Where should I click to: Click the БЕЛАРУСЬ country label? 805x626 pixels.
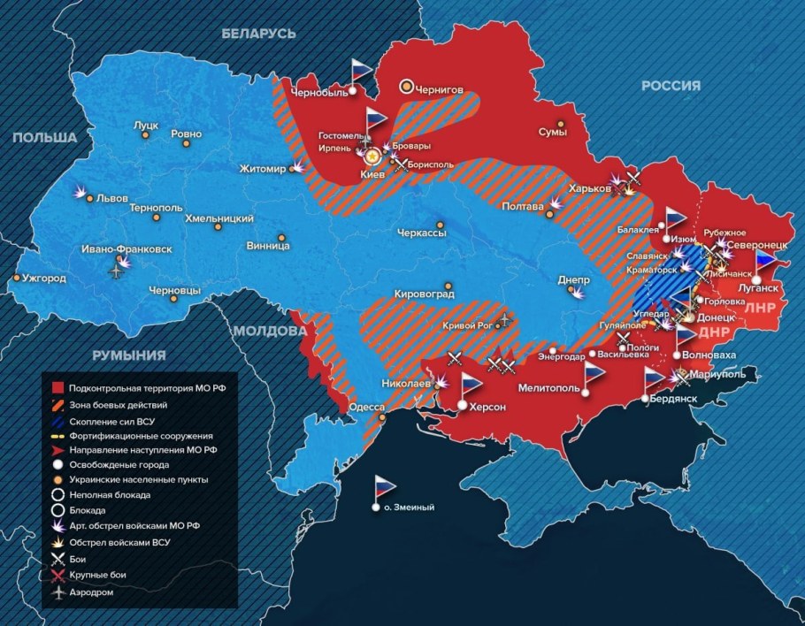pos(258,33)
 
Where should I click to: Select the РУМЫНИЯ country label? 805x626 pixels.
pos(128,355)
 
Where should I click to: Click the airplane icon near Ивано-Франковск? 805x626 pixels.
pos(115,271)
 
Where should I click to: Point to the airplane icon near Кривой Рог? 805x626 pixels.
pos(504,318)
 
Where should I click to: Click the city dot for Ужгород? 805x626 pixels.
pos(17,279)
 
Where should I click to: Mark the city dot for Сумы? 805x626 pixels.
pos(559,125)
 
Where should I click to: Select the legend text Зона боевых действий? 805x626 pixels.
pos(118,404)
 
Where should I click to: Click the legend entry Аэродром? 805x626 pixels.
pos(92,592)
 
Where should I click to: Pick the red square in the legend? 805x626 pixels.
pos(57,388)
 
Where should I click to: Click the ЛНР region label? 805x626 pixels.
pos(760,309)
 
